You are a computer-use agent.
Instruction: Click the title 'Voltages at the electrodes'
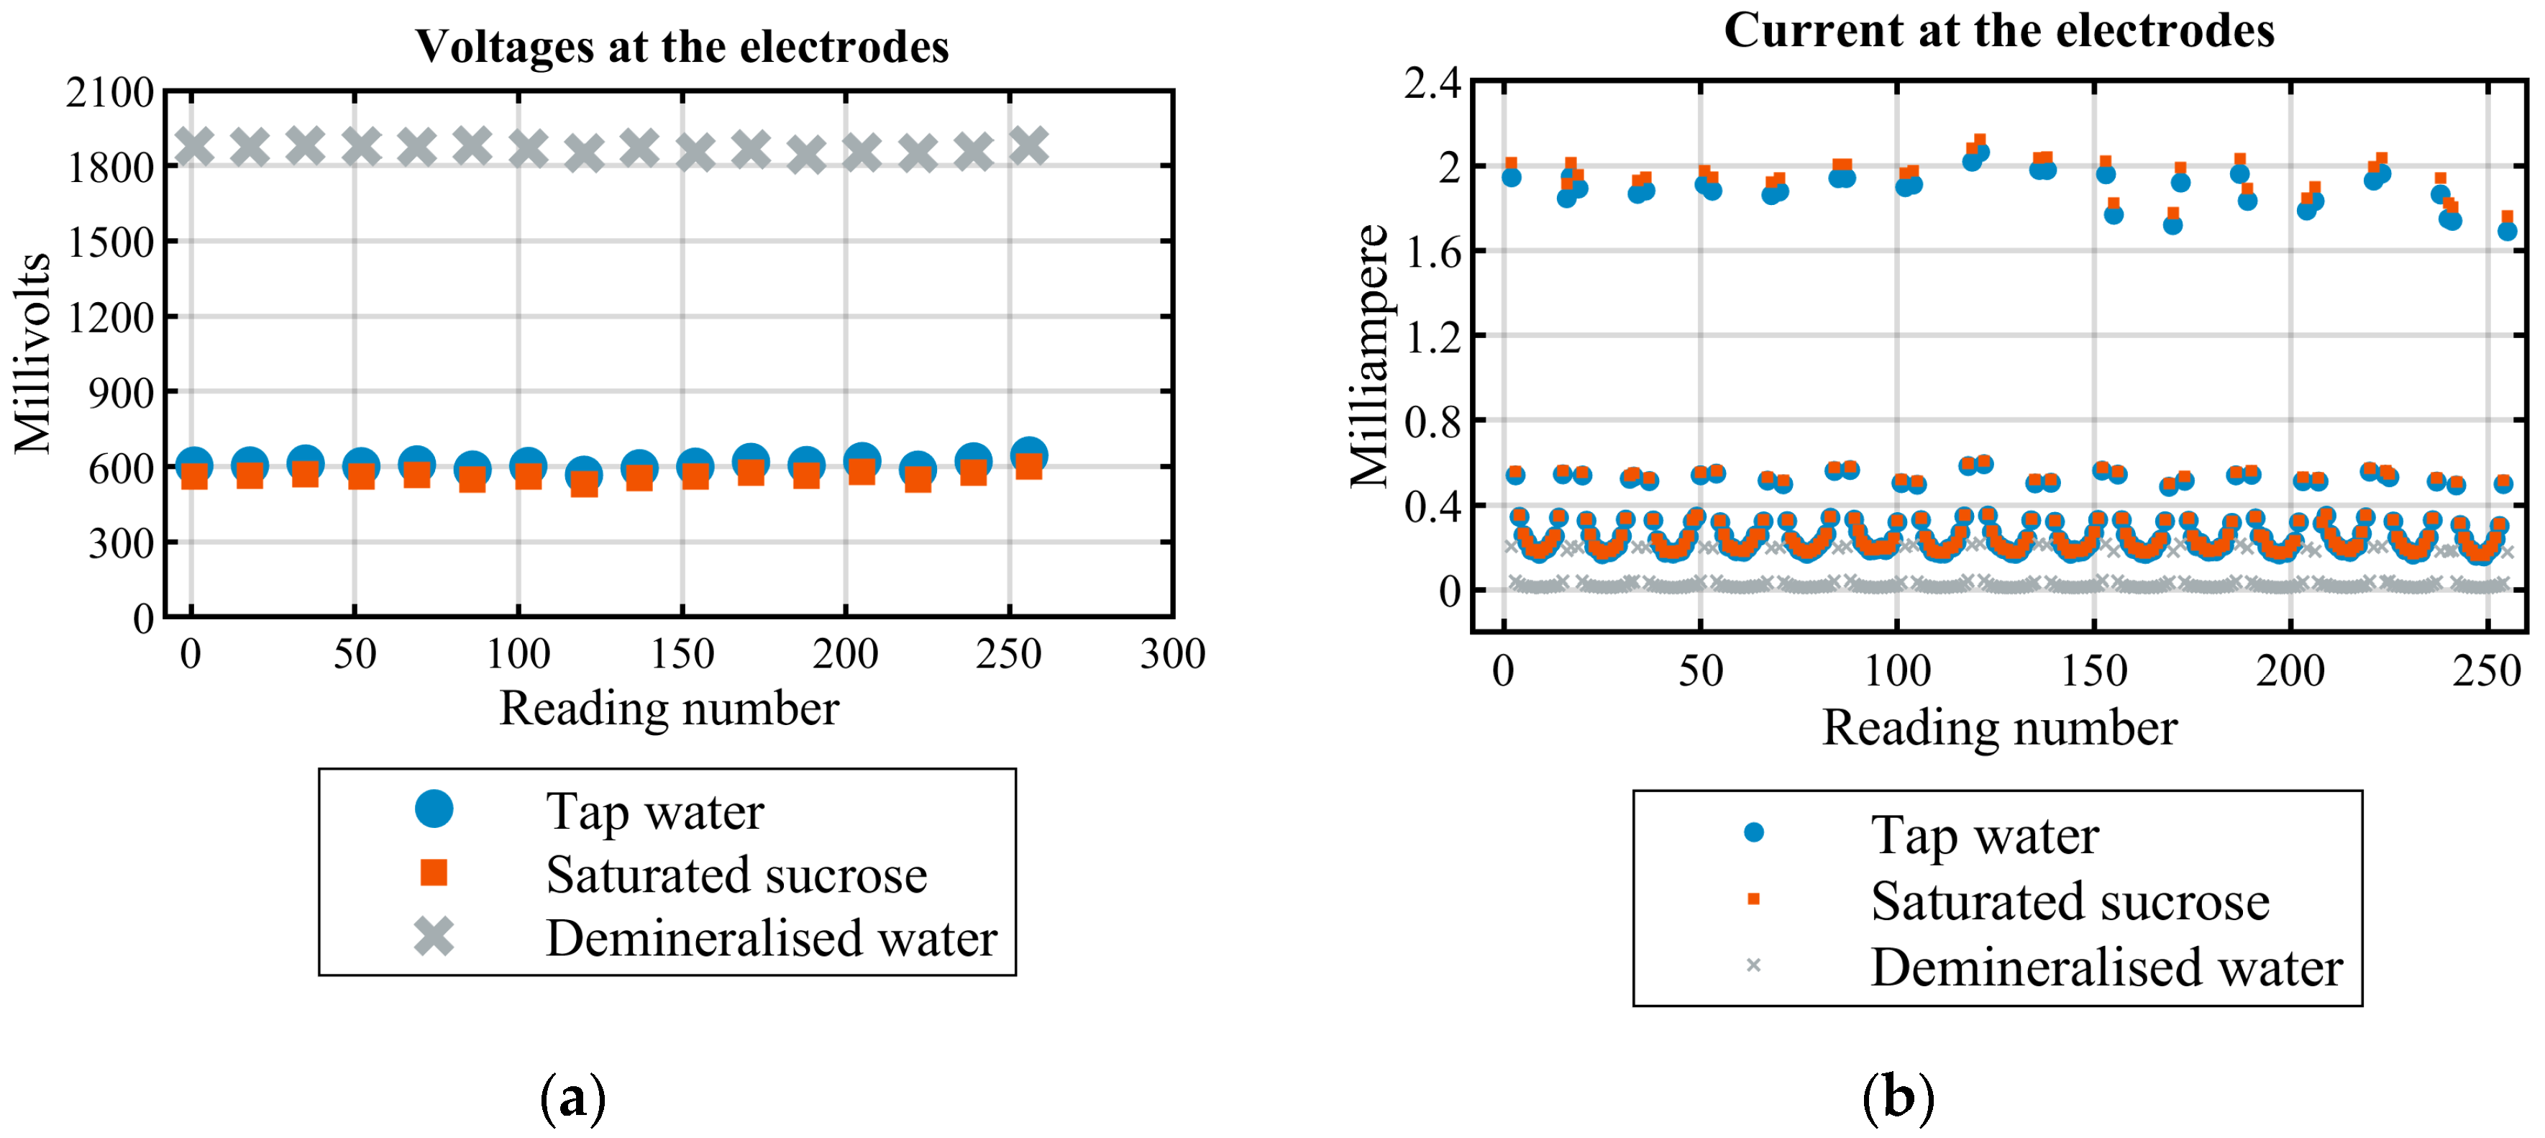tap(681, 47)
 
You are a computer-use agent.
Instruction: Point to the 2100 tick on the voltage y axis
tap(109, 93)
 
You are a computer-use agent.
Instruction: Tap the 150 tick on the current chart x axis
tap(2093, 672)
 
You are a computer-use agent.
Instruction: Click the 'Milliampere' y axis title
tap(1369, 355)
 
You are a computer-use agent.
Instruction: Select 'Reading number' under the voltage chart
tap(669, 709)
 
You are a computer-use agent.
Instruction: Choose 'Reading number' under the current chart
tap(1998, 728)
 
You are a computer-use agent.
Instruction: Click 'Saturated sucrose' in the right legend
tap(2070, 901)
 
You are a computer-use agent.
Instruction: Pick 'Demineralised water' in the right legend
tap(2106, 966)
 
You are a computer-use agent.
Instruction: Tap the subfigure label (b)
tap(1898, 1098)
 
